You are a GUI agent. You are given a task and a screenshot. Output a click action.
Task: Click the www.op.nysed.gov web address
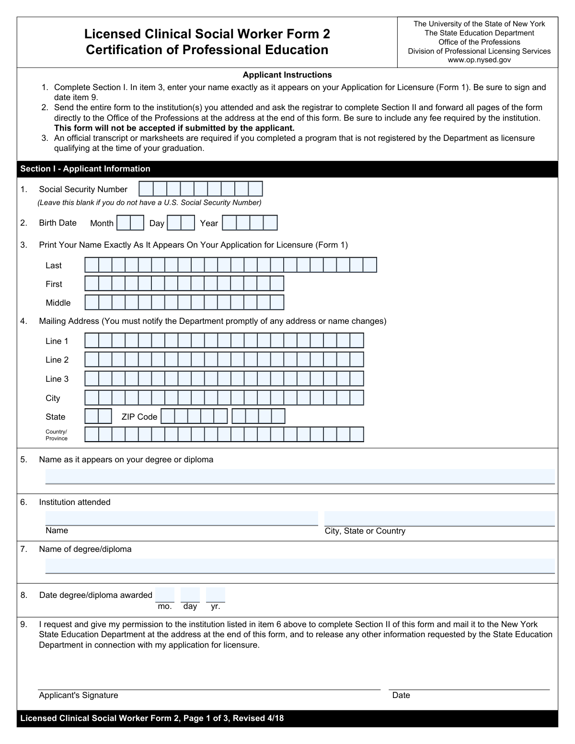(479, 60)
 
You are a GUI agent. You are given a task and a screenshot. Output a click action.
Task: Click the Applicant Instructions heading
(287, 75)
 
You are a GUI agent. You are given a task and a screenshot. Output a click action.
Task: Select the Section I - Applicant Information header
(85, 169)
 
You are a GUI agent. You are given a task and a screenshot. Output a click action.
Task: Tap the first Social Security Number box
(146, 189)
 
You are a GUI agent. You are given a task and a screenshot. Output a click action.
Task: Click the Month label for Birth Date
(102, 223)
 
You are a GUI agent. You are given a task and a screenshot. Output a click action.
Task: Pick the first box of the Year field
(230, 223)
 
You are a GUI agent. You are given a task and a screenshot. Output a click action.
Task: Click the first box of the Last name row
(92, 265)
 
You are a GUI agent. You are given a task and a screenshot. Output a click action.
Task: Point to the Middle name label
(58, 303)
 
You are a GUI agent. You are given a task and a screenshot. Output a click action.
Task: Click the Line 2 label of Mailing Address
(57, 360)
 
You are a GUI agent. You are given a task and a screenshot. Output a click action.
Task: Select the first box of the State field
(92, 416)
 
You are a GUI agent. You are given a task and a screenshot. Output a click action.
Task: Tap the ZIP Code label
(139, 417)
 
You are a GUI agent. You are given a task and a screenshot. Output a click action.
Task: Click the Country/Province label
(57, 435)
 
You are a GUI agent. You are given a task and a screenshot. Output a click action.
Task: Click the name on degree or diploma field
(300, 477)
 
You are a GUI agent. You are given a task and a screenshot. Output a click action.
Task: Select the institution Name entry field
(182, 518)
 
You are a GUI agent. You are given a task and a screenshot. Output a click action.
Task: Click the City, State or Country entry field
(439, 519)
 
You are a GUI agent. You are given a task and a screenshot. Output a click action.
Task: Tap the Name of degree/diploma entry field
(300, 566)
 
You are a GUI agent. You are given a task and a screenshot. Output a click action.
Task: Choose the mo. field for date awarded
(165, 595)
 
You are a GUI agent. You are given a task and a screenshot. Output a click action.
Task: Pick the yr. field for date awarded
(216, 595)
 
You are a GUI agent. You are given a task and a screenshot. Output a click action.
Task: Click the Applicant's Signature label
(79, 695)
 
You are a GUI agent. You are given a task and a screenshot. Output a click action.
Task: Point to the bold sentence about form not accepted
(174, 128)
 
